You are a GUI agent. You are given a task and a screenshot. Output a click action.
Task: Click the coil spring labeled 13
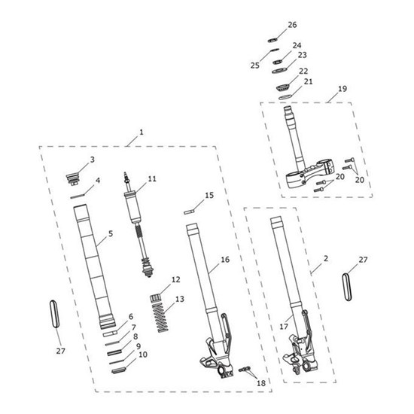pos(160,318)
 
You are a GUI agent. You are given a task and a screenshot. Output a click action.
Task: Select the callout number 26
pos(292,25)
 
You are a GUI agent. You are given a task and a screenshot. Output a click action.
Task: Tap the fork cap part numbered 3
pos(72,178)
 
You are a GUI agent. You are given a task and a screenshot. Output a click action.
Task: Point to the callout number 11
pos(152,179)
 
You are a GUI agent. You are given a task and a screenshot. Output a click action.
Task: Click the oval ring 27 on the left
pos(54,314)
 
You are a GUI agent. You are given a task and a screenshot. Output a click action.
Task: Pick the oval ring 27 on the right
pos(347,288)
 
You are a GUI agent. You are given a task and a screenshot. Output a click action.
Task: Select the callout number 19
pos(342,89)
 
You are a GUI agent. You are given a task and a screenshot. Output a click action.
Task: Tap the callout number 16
pos(225,260)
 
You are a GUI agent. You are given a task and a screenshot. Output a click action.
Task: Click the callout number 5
pos(111,233)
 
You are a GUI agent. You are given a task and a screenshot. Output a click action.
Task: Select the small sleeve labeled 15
pos(189,212)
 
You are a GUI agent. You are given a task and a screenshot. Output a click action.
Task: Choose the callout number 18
pos(261,383)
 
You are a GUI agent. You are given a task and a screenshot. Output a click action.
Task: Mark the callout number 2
pos(326,258)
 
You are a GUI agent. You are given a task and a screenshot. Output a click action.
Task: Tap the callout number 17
pos(284,327)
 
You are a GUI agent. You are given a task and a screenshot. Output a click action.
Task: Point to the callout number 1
pos(142,132)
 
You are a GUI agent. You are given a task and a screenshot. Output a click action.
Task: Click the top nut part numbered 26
pos(272,41)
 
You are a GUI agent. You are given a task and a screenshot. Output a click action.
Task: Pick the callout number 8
pos(135,336)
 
